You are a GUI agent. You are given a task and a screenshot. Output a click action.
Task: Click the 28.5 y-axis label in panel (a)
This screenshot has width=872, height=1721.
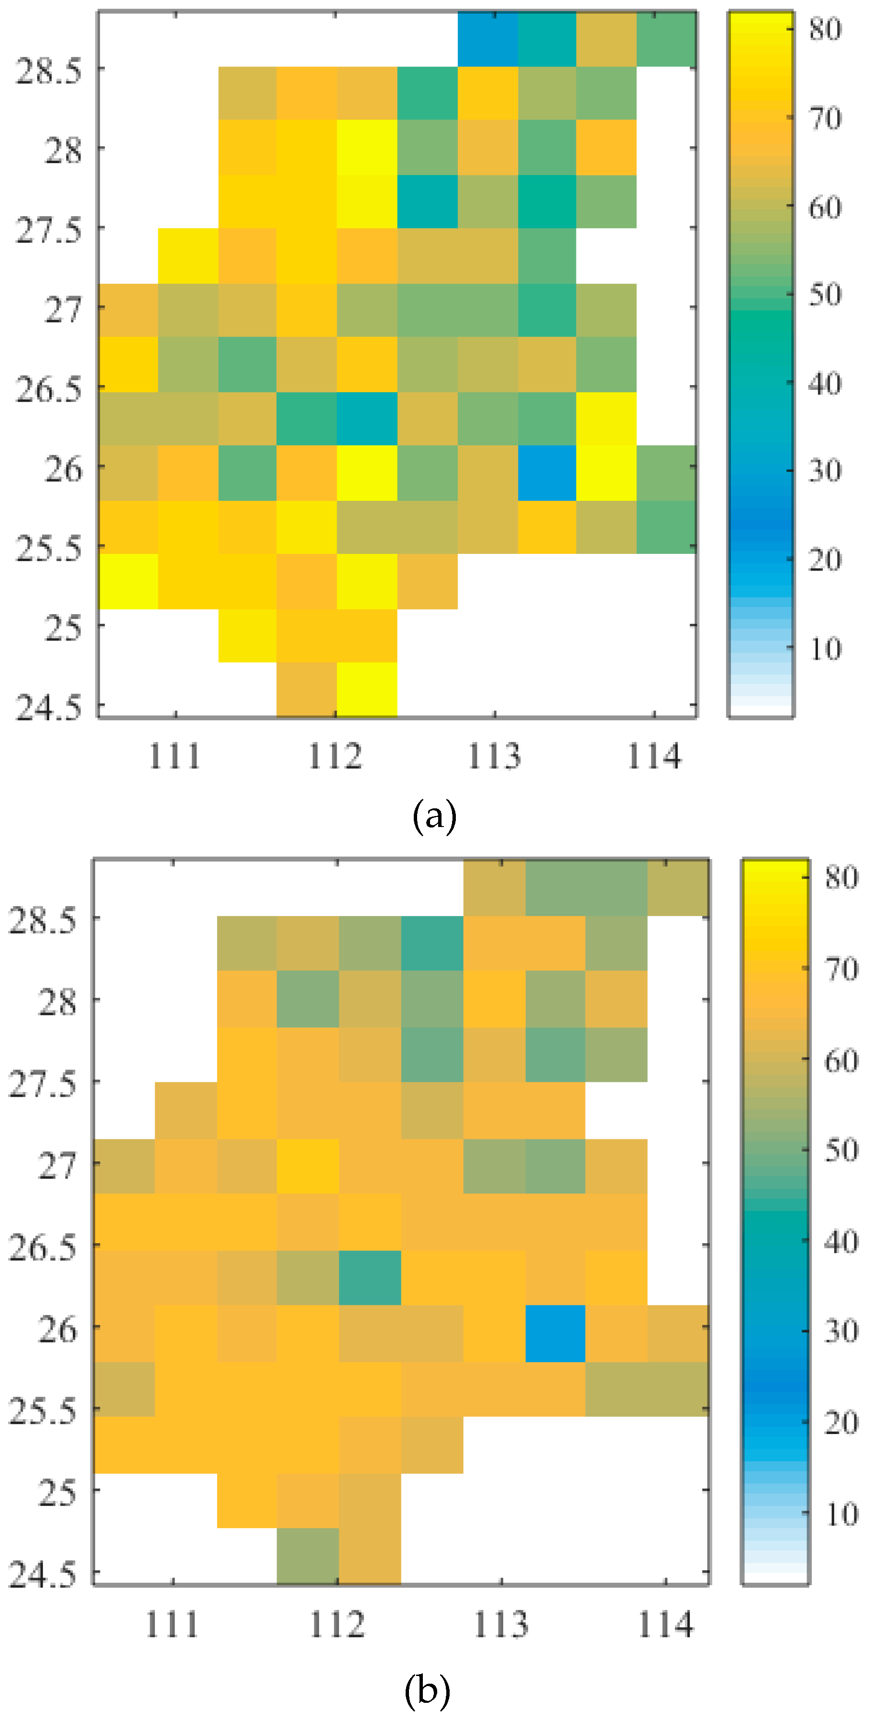pos(48,70)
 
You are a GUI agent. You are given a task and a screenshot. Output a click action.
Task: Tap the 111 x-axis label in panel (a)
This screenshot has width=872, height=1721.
pos(175,757)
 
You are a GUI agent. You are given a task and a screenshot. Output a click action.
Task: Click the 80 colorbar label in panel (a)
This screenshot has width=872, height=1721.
pos(825,29)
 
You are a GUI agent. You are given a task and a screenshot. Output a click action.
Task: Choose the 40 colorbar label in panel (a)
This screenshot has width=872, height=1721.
pos(825,384)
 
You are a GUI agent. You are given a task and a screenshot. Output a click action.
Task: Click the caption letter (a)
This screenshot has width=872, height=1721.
pos(434,816)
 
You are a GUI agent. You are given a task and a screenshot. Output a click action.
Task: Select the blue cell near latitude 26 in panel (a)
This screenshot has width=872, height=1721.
pos(547,472)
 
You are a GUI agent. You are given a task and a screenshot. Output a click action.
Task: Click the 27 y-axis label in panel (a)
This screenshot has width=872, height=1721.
pos(63,310)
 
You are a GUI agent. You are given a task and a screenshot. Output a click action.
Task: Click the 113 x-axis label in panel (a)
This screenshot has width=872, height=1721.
pos(494,757)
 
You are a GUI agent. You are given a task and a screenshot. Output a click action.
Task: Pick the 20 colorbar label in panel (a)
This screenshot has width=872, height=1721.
pos(825,560)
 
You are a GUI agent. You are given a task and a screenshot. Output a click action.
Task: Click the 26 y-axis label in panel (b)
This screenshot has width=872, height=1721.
pos(57,1330)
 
